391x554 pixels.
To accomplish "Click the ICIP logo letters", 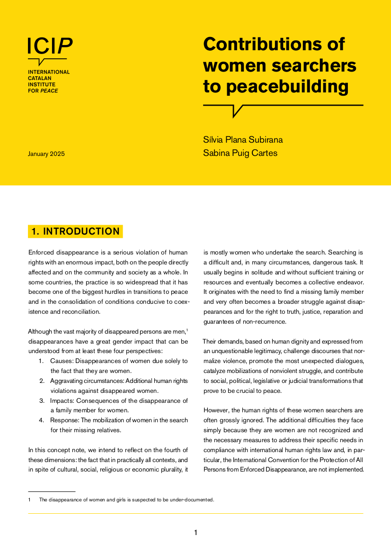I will click(x=50, y=45).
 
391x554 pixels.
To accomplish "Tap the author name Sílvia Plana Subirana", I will click(x=243, y=140).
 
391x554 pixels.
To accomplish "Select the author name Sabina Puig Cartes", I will click(x=240, y=153).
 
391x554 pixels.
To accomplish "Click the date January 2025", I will click(x=46, y=154).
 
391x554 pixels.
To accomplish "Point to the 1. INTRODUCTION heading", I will click(x=76, y=231).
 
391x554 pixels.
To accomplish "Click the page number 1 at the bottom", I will click(x=195, y=533).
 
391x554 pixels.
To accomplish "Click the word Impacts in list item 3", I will click(x=62, y=400).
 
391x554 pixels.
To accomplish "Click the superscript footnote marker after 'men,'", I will click(x=187, y=330).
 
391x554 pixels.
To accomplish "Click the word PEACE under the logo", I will click(x=49, y=91).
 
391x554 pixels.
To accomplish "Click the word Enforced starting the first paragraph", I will click(x=41, y=253).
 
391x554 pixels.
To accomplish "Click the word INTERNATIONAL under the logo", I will click(x=49, y=72).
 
